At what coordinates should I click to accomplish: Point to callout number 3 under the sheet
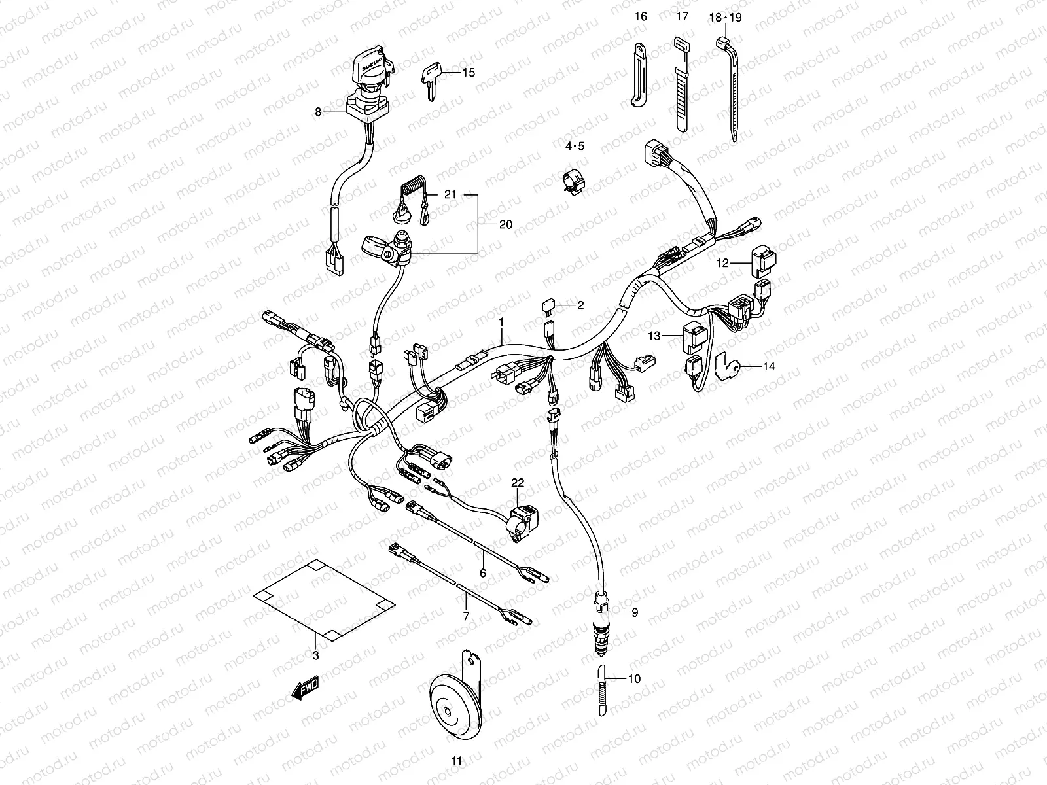[315, 655]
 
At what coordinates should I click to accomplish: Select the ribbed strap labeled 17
[681, 88]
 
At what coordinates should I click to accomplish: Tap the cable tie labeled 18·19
[730, 85]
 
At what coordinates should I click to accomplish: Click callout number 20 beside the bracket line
[505, 224]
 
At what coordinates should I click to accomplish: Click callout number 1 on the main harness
[501, 322]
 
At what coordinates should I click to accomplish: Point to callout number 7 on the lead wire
[466, 616]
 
